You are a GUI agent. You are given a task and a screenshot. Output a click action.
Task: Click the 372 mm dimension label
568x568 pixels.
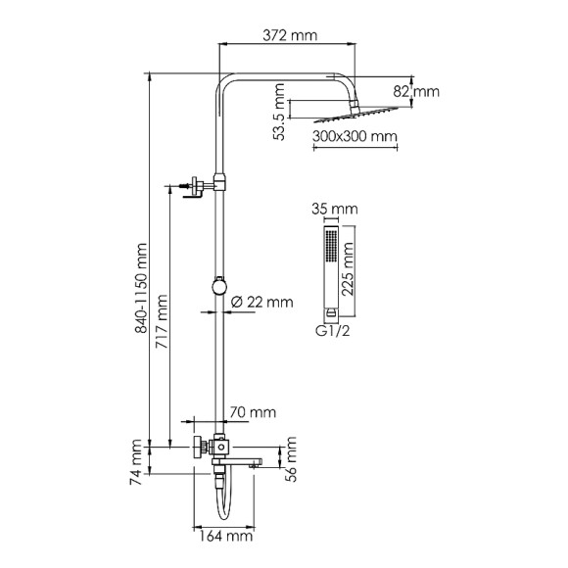pos(291,36)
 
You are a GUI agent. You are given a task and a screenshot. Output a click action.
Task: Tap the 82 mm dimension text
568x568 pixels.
pos(424,91)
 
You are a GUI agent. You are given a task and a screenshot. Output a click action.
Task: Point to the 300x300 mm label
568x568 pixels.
pos(355,136)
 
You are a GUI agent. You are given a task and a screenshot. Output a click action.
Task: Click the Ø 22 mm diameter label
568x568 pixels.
pos(261,302)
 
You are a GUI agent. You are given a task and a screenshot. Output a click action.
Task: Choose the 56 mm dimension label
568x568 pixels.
pos(290,455)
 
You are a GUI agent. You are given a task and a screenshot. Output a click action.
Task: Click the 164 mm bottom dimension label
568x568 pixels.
pos(223,536)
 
